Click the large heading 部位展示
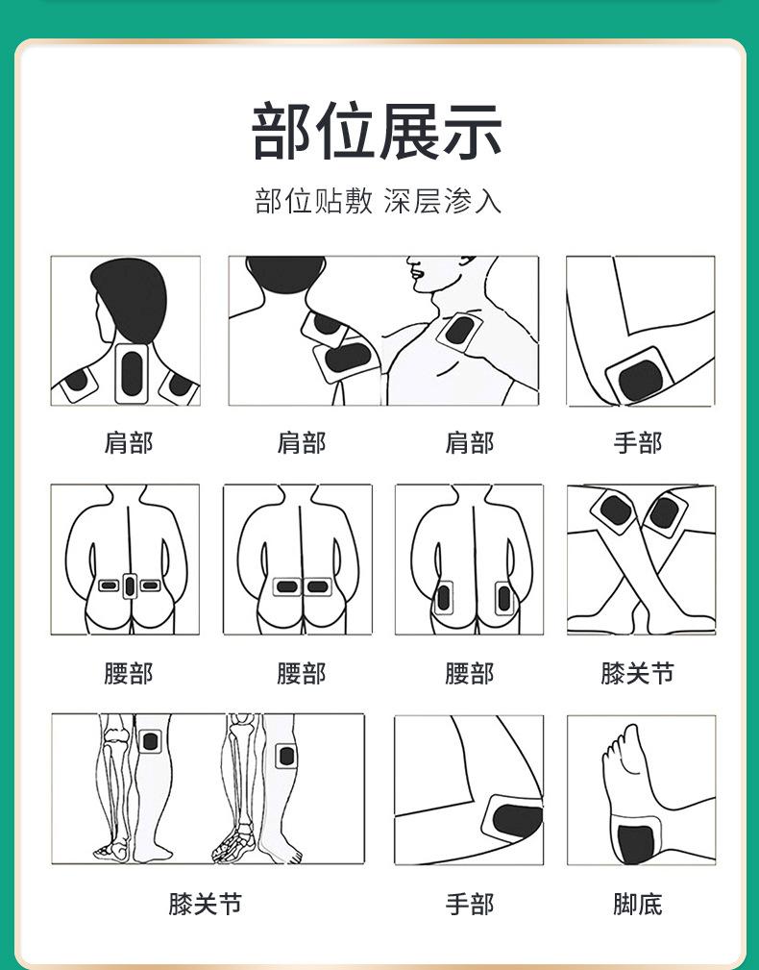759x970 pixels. click(377, 132)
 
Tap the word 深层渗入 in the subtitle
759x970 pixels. click(442, 201)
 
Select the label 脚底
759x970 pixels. click(637, 904)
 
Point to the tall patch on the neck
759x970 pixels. click(132, 373)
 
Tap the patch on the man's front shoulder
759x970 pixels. click(460, 331)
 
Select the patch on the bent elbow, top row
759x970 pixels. click(640, 378)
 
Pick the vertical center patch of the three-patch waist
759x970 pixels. click(129, 585)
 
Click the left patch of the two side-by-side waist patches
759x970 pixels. click(287, 586)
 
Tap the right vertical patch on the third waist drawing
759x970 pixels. click(504, 598)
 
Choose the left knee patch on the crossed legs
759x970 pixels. click(616, 510)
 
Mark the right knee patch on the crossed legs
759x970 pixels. click(665, 512)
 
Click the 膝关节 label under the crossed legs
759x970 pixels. click(637, 673)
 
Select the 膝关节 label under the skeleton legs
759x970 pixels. click(206, 904)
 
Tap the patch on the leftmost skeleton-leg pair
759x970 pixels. click(150, 741)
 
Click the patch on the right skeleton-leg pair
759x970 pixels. click(286, 756)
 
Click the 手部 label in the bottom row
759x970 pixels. click(470, 904)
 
